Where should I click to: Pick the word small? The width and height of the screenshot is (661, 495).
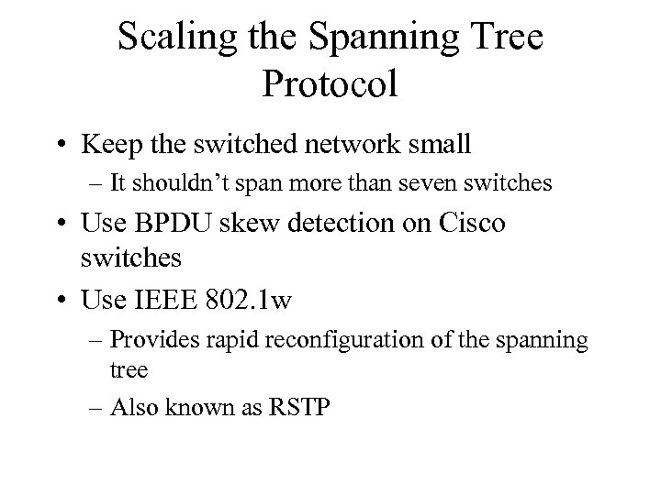[x=438, y=144]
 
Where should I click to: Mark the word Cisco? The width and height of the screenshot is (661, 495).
[x=469, y=225]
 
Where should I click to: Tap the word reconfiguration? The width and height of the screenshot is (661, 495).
[x=323, y=339]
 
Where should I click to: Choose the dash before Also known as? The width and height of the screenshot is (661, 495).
[x=95, y=408]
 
